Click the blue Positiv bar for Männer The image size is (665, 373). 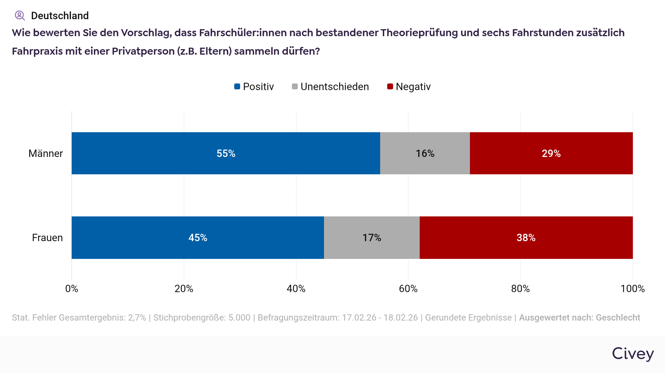226,153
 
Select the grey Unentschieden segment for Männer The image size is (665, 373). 425,153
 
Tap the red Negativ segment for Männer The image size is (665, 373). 551,153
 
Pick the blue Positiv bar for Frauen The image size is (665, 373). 198,237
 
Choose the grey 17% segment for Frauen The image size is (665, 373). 372,237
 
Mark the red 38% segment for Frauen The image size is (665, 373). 526,237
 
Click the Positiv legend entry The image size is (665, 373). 254,87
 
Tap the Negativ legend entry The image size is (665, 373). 409,87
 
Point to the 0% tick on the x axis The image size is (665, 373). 72,289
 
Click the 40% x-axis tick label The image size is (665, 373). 296,289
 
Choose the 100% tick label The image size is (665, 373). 632,289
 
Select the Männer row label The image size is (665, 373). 45,154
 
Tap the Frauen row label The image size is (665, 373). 47,238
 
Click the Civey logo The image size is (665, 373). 632,354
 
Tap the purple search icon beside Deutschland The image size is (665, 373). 20,16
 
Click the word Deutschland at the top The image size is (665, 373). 60,16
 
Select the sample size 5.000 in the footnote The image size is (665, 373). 239,318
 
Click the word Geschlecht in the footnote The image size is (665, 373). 618,318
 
